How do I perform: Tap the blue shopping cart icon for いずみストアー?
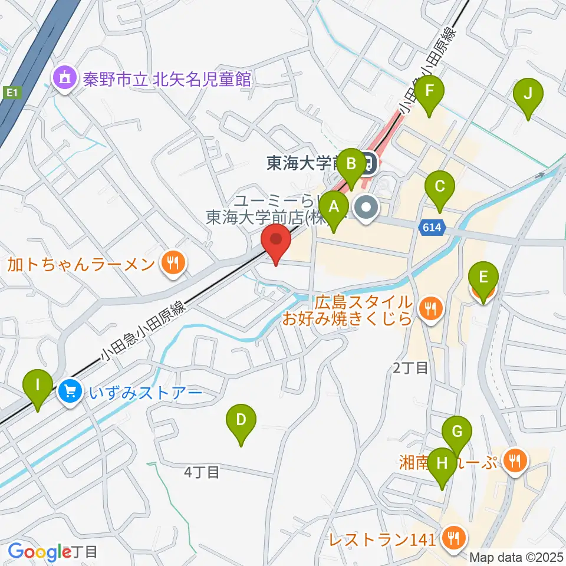pyautogui.click(x=71, y=391)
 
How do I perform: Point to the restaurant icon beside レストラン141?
pyautogui.click(x=454, y=538)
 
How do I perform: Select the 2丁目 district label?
pyautogui.click(x=410, y=368)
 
